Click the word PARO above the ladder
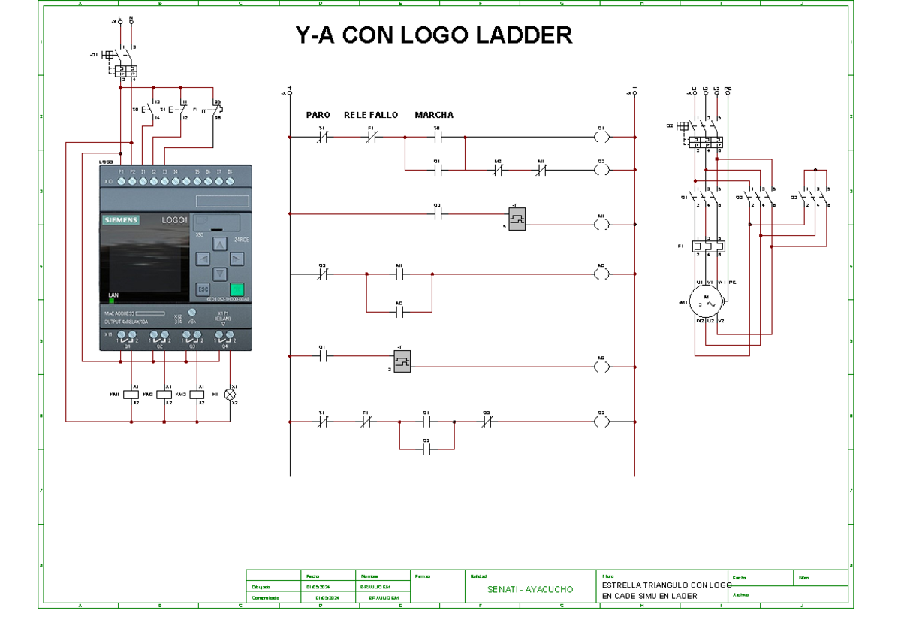(318, 116)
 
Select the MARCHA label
(434, 116)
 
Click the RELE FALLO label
(371, 116)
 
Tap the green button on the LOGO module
(237, 289)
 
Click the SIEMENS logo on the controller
(121, 220)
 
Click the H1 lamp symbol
(231, 394)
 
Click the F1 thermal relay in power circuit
(709, 246)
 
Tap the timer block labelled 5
(517, 219)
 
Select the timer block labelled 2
(402, 361)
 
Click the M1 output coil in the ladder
(601, 224)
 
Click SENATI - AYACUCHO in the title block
(529, 590)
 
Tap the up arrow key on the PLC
(218, 244)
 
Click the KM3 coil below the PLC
(197, 394)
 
